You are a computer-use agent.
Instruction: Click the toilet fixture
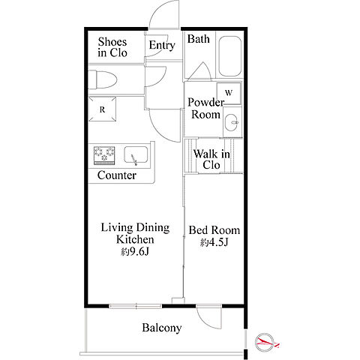pyautogui.click(x=103, y=79)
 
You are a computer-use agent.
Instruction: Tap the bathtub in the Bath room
pyautogui.click(x=229, y=56)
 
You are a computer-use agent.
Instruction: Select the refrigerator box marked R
pyautogui.click(x=103, y=109)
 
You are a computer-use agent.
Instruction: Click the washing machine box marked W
pyautogui.click(x=229, y=93)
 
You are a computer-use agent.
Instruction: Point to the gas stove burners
pyautogui.click(x=104, y=155)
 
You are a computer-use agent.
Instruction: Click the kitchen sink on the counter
pyautogui.click(x=136, y=155)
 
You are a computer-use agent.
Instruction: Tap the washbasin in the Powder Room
pyautogui.click(x=231, y=122)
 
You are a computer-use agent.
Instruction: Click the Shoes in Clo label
pyautogui.click(x=112, y=47)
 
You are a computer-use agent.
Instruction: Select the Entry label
pyautogui.click(x=162, y=46)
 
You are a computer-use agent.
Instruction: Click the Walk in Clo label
pyautogui.click(x=211, y=159)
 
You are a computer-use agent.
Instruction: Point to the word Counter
pyautogui.click(x=117, y=175)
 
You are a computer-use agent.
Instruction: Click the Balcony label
pyautogui.click(x=162, y=328)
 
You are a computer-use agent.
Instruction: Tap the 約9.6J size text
pyautogui.click(x=135, y=252)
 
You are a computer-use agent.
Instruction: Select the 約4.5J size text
pyautogui.click(x=214, y=242)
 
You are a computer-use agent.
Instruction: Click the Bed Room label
pyautogui.click(x=214, y=230)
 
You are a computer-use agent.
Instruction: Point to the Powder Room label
pyautogui.click(x=206, y=108)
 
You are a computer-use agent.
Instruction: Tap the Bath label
pyautogui.click(x=199, y=39)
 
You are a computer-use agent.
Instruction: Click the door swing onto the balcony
pyautogui.click(x=209, y=317)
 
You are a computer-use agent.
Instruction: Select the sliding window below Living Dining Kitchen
pyautogui.click(x=136, y=306)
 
